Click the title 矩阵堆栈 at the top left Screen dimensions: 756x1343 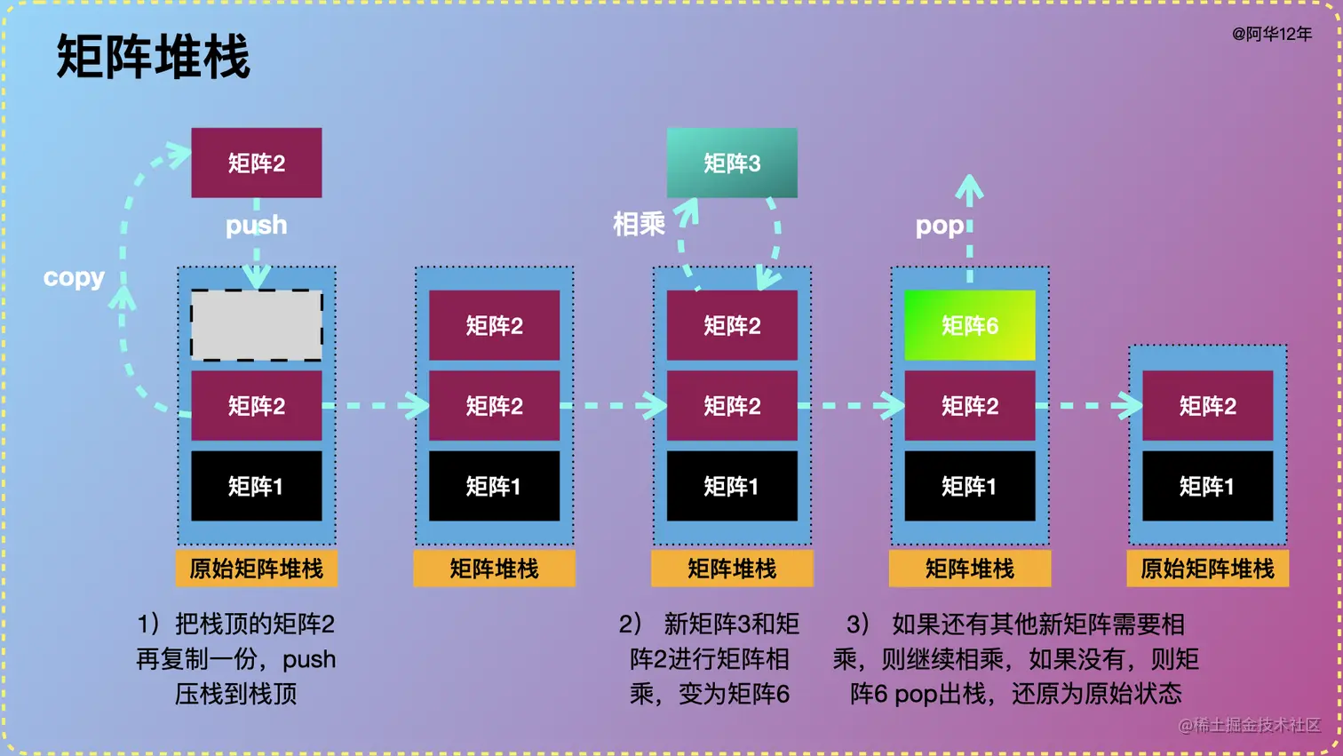153,57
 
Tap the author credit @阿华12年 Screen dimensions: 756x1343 1271,34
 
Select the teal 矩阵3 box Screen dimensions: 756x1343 732,163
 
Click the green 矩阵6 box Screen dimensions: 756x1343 969,325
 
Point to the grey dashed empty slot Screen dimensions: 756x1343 257,325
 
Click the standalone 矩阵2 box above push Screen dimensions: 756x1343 257,163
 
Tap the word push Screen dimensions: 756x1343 257,225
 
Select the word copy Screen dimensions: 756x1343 74,277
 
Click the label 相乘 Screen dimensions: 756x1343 639,224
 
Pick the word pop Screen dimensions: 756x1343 939,226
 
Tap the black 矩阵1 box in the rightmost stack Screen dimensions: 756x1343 1207,486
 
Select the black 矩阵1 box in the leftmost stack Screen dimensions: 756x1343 257,486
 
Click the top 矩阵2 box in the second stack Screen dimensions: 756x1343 494,325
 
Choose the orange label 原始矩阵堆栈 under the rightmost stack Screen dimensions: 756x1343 1207,569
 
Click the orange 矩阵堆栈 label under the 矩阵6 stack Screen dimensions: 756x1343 969,569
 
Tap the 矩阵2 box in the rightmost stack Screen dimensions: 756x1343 1207,406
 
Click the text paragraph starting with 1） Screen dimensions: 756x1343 236,658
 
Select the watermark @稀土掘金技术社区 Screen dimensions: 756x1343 1249,725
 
